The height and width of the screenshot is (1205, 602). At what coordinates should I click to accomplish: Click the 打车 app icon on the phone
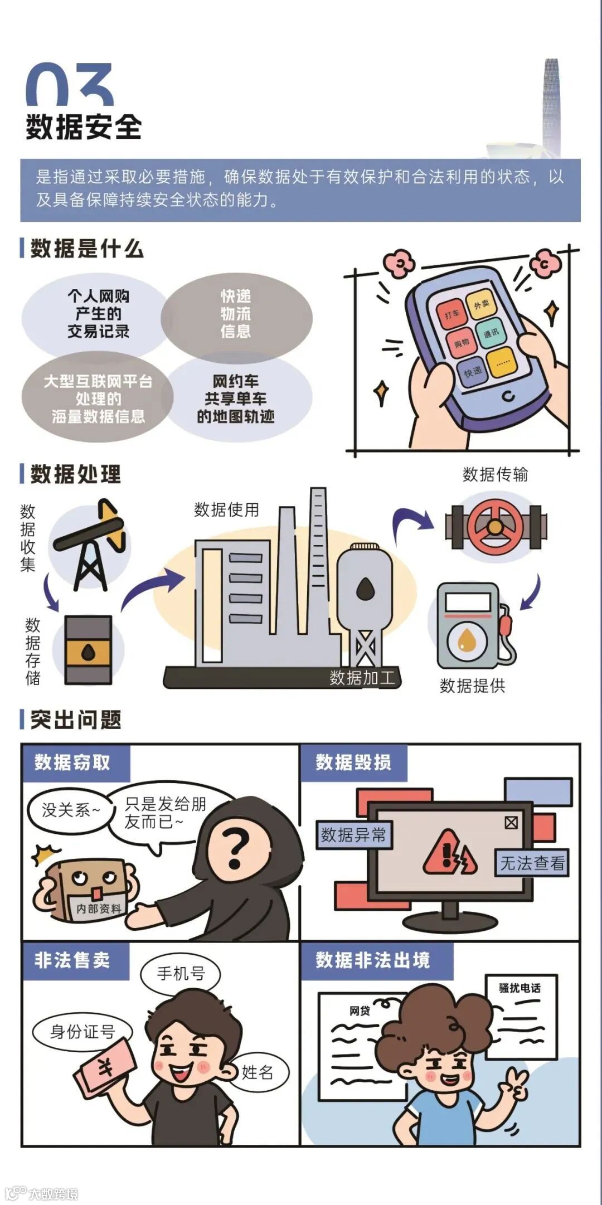coord(452,314)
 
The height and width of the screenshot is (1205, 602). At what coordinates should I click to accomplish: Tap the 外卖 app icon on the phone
coord(482,304)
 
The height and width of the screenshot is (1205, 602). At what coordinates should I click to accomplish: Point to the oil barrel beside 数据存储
coord(88,650)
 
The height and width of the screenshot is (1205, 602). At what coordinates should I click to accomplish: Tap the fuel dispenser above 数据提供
coord(474,625)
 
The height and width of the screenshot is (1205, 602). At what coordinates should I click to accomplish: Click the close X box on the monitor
coord(511,823)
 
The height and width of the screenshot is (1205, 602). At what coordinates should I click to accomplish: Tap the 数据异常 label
coord(354,835)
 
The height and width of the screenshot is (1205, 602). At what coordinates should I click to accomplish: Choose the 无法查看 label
coord(532,863)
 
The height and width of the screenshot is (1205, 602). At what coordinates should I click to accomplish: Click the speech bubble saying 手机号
coord(181,973)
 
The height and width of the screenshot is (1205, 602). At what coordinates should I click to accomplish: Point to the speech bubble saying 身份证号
coord(82,1032)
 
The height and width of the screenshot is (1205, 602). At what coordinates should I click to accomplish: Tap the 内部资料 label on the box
coord(98,908)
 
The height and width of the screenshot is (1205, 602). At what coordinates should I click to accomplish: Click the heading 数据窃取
coord(72,762)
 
